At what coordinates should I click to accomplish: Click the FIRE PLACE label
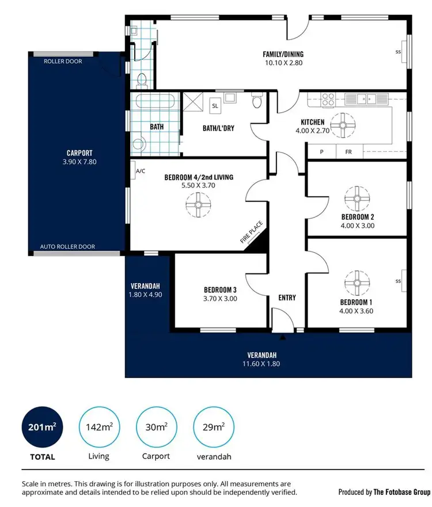(248, 234)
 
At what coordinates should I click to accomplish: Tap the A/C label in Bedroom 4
(139, 171)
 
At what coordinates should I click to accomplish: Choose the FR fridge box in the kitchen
(348, 153)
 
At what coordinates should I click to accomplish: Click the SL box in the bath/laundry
(215, 106)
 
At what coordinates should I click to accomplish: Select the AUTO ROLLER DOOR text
(67, 247)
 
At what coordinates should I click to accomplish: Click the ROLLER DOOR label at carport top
(63, 61)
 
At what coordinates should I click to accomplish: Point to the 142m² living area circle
(99, 427)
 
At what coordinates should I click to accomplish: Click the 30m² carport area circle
(157, 427)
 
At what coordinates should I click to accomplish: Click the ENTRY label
(287, 298)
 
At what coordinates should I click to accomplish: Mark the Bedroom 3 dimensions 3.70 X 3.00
(220, 299)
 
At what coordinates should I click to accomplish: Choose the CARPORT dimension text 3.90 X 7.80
(79, 162)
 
